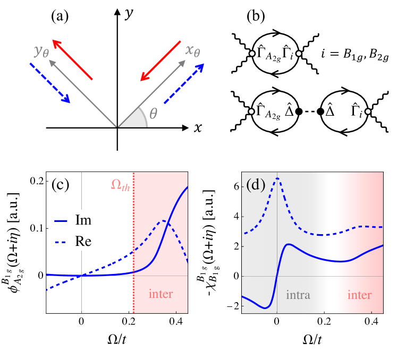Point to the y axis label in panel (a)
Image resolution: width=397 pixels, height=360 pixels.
128,13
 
